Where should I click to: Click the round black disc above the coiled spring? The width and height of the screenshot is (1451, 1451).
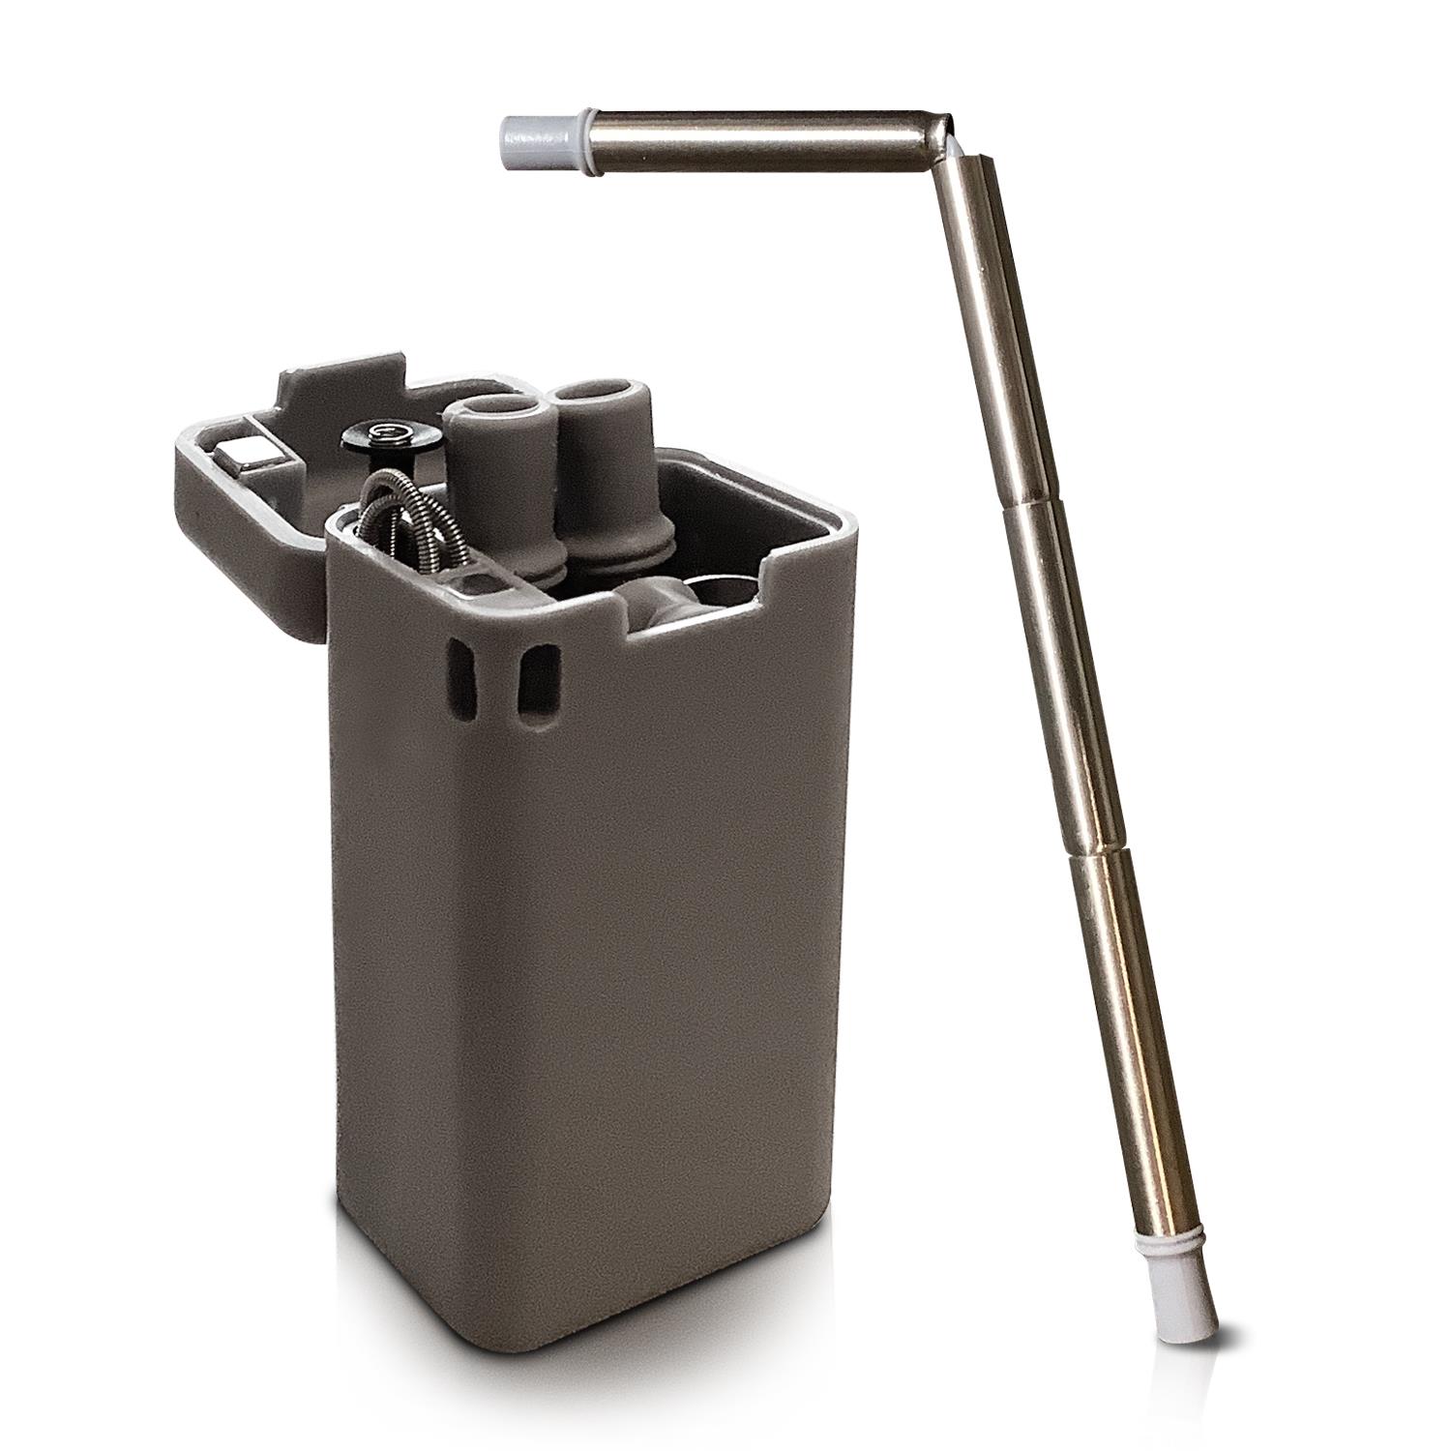(x=391, y=436)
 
